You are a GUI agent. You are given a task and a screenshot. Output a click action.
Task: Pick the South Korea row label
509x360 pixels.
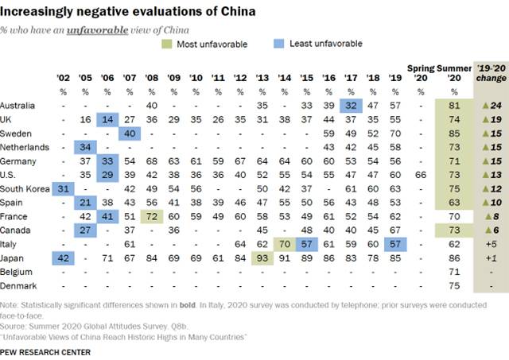(26, 188)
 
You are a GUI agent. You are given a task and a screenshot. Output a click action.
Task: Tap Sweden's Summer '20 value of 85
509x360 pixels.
(454, 134)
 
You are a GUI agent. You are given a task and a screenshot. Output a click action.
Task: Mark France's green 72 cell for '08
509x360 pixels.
(152, 215)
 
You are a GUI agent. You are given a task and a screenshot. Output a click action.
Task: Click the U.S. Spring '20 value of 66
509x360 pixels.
(422, 175)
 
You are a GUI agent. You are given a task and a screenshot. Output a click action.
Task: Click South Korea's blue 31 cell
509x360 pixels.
(64, 188)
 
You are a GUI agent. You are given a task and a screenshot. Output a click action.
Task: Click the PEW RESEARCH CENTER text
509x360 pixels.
(45, 350)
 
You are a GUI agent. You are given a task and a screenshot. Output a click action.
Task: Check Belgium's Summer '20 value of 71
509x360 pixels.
(454, 271)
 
